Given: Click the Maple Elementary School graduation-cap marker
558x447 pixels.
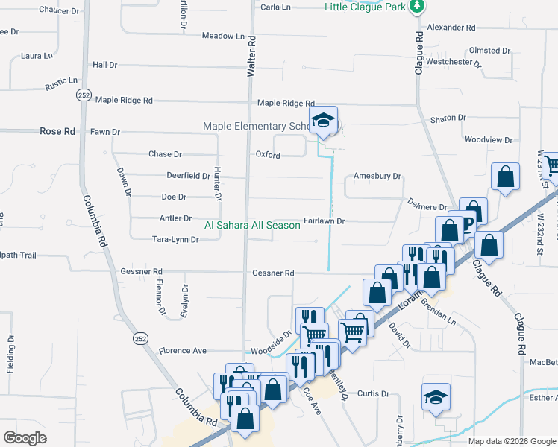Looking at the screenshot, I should tap(323, 121).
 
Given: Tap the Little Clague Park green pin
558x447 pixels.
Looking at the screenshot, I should tap(417, 6).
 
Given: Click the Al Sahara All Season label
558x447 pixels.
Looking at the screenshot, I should tap(252, 225).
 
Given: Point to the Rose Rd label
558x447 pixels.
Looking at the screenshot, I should tap(57, 131).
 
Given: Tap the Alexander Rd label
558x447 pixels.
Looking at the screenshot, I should tap(451, 28).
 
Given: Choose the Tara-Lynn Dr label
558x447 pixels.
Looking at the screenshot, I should tap(175, 240).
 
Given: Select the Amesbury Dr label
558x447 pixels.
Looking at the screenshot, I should tap(377, 177).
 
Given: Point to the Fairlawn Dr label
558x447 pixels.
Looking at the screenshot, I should tap(324, 221).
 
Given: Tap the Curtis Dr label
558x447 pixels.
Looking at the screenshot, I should tap(374, 393).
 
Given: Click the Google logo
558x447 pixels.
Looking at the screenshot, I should tap(25, 438).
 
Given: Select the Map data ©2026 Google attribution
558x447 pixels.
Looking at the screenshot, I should tap(512, 442).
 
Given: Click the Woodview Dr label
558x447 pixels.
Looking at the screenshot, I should tap(489, 139).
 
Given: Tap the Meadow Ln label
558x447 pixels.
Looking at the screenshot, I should tap(223, 36).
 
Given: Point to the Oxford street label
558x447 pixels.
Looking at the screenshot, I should tap(268, 155).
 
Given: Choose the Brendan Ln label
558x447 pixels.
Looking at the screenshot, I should tap(437, 311).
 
